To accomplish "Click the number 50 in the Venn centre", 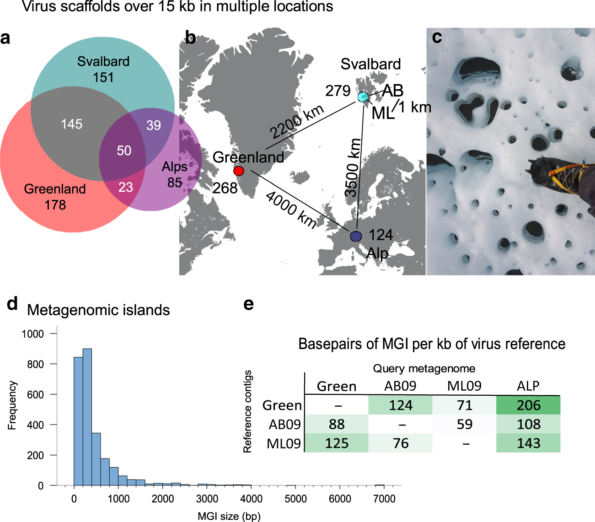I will click(124, 151).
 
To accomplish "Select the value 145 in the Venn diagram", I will click(72, 124).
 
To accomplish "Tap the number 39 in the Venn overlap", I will click(154, 125).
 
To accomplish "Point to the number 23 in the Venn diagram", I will click(125, 187).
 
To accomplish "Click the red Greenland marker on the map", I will click(239, 171).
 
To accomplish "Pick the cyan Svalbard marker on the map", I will click(363, 97).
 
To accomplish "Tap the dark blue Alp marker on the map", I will click(356, 236).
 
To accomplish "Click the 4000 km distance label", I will click(291, 210).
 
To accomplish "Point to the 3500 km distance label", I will click(353, 168).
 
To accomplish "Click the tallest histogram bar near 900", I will click(87, 416).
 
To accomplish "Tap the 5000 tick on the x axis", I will click(295, 499).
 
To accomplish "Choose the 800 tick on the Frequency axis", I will click(35, 364).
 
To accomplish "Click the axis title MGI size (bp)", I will click(229, 516).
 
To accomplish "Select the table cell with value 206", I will click(528, 405).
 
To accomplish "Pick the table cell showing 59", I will click(464, 425).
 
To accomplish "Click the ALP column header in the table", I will click(528, 386).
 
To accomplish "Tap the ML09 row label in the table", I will click(284, 443).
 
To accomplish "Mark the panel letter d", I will click(12, 303).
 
